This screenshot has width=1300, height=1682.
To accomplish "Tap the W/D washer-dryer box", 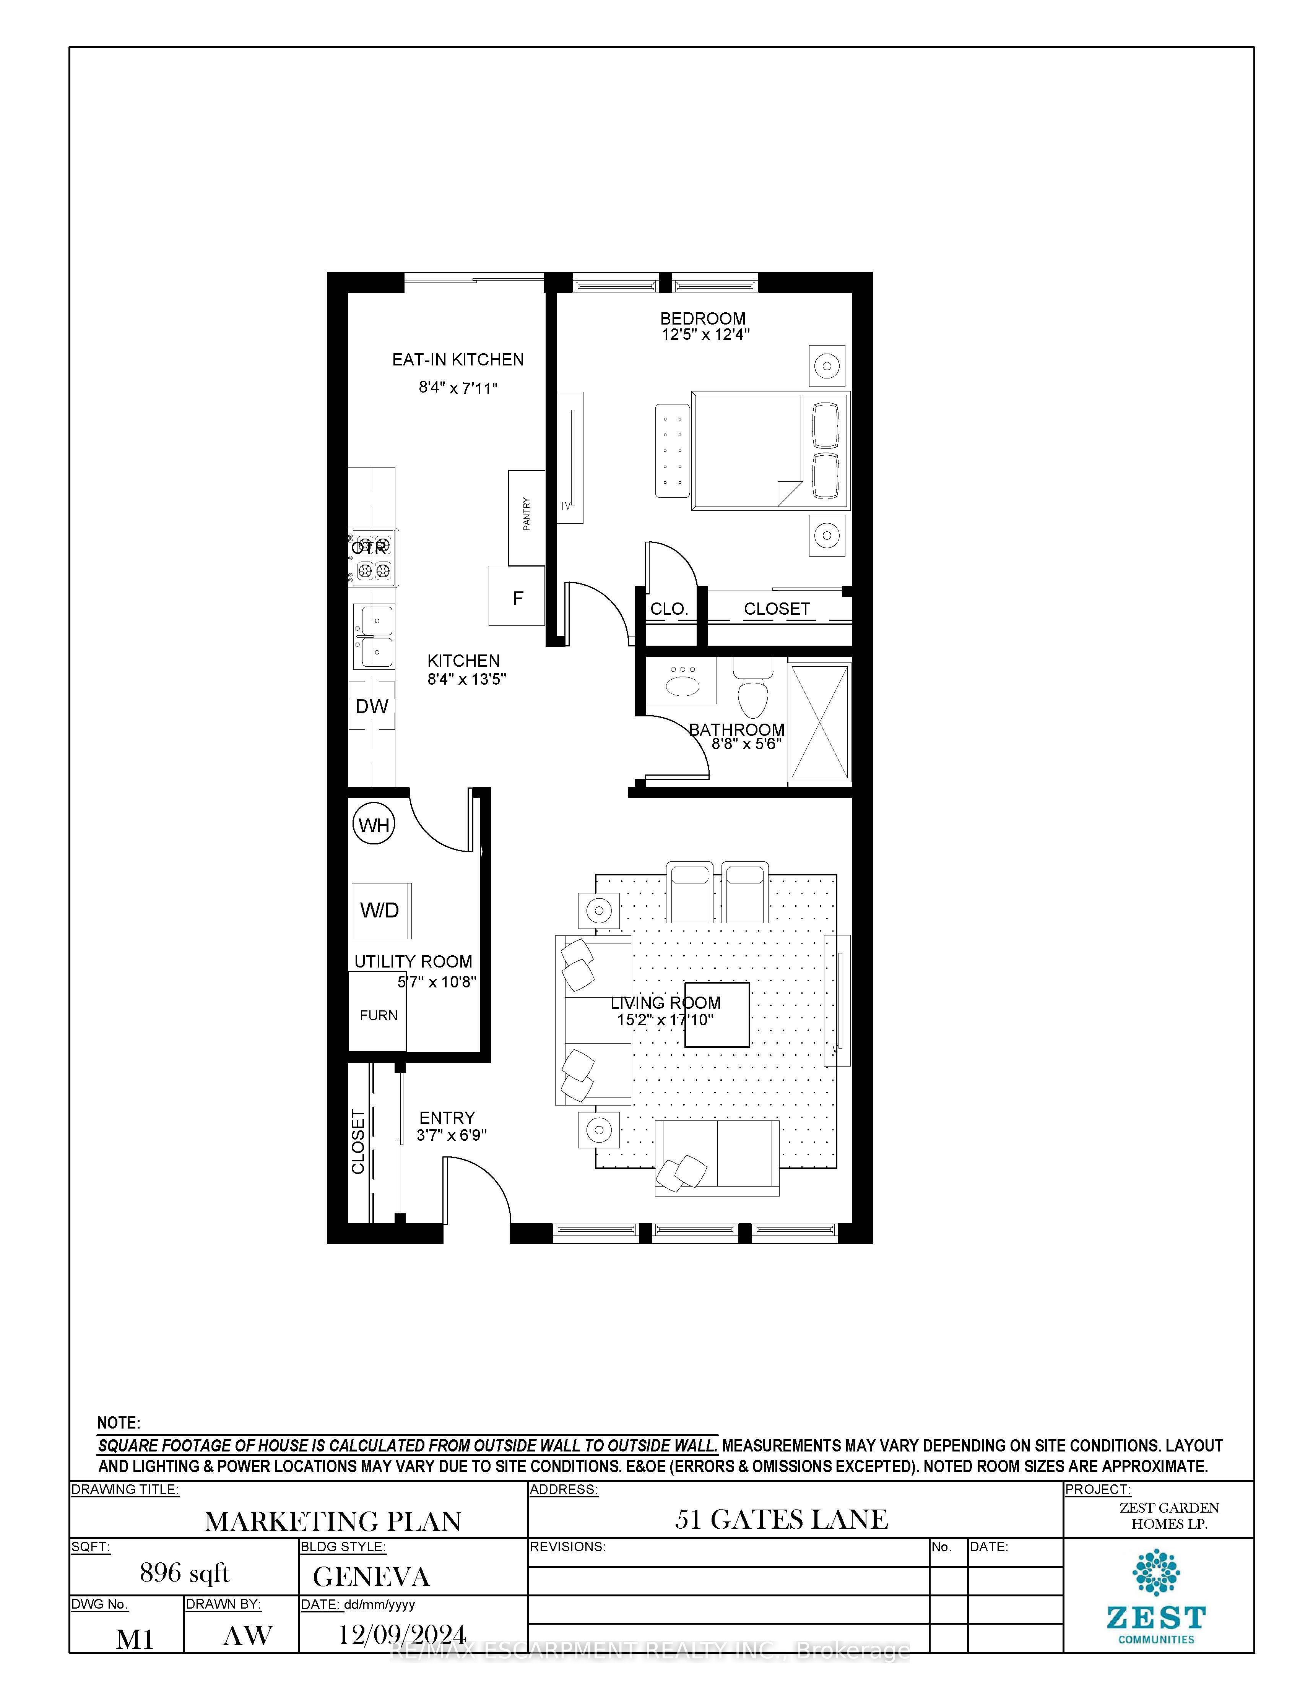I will coord(380,910).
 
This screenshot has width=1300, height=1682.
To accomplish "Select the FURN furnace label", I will coord(378,1015).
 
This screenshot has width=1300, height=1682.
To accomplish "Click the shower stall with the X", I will coord(819,722).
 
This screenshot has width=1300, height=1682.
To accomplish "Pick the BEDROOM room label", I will coord(702,318).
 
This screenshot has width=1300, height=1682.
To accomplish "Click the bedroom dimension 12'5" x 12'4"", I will coord(705,334).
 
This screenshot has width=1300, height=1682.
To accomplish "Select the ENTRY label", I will coord(447,1117).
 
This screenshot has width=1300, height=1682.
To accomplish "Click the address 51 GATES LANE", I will coord(782,1520).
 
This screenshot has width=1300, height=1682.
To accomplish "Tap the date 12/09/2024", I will coord(402,1634).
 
